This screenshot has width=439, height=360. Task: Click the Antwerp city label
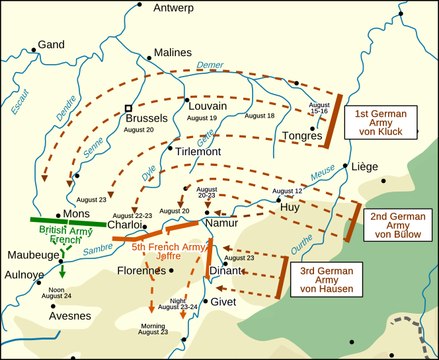point(173,9)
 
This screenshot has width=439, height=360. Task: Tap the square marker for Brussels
point(129,108)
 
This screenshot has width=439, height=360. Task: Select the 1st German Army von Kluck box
point(380,123)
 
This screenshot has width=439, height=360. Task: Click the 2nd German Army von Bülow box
point(397,225)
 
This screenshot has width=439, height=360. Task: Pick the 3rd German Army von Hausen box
point(326,280)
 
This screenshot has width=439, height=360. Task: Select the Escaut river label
point(20,101)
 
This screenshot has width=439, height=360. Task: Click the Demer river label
point(210,65)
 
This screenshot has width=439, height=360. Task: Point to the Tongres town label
point(302,136)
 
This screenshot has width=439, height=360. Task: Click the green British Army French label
point(65,235)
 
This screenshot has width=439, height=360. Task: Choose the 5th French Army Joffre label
point(168,252)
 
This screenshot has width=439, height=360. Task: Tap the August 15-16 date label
point(319,108)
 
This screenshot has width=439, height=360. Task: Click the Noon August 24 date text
point(56,293)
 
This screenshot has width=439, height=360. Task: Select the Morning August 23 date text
point(153,328)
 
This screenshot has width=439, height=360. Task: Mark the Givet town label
point(223,302)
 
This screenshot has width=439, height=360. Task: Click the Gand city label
point(51,45)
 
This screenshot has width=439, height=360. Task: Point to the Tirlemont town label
point(198,152)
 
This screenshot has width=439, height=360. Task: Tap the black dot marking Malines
point(149,58)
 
